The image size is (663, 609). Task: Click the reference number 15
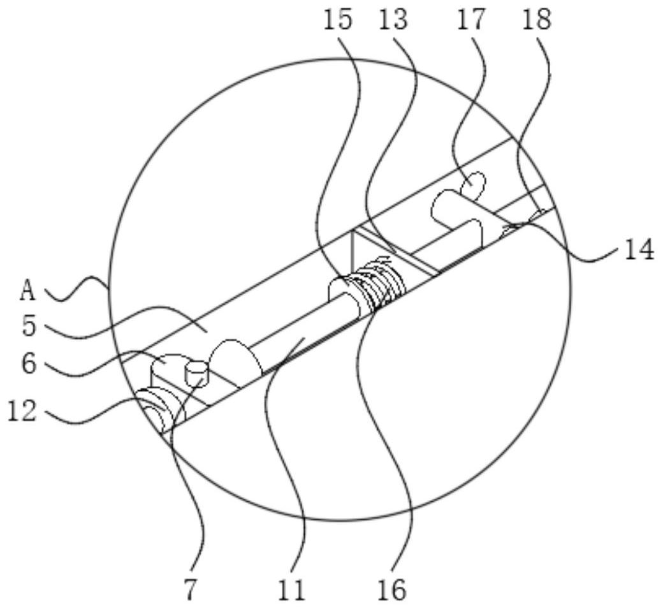click(x=337, y=20)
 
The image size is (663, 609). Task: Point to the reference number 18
click(x=536, y=20)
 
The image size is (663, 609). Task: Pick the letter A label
click(x=27, y=291)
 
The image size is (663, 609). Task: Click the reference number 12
click(x=22, y=411)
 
